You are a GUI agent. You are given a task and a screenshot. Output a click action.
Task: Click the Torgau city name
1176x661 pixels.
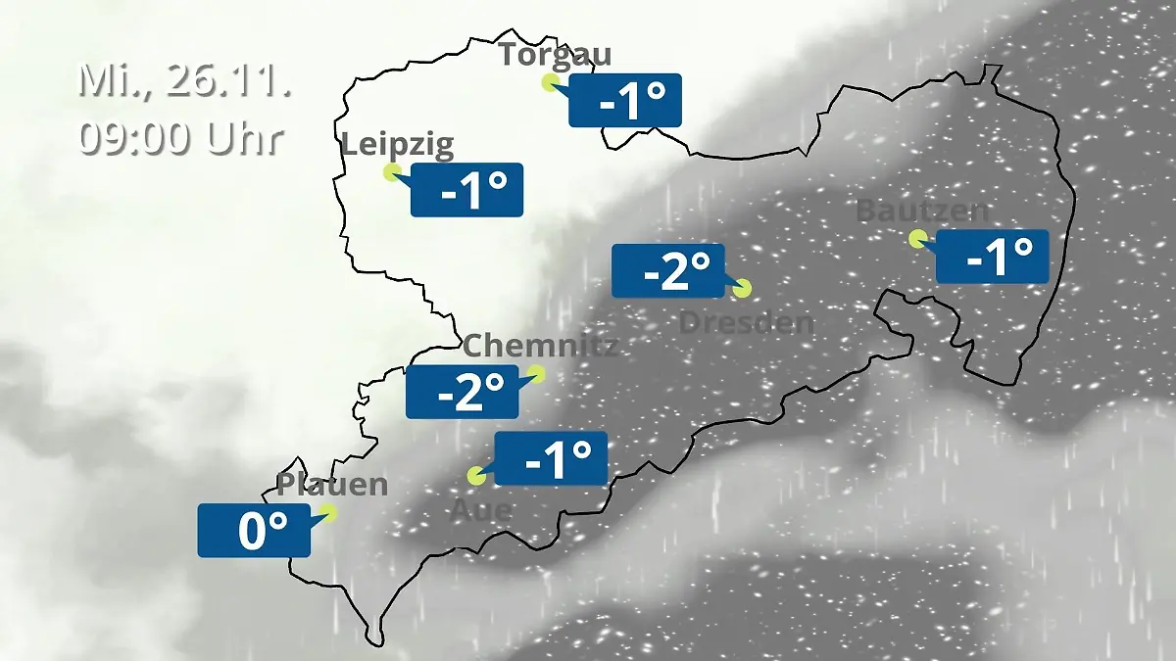point(555,53)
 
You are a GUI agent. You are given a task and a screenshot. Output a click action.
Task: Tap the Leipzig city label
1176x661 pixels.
point(398,146)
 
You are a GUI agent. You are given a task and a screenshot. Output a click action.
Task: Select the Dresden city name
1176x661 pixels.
point(747,322)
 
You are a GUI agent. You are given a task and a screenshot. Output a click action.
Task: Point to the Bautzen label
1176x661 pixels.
point(922,211)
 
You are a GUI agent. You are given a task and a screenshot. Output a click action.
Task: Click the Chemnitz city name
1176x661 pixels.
point(540,345)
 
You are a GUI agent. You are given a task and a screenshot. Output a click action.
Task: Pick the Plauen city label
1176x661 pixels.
point(332,484)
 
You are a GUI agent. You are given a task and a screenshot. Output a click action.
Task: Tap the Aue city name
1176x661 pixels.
point(480,510)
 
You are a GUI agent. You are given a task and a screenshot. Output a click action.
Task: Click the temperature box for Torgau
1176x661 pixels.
point(625,101)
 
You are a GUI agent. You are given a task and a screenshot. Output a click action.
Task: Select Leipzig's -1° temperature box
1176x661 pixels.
point(466,190)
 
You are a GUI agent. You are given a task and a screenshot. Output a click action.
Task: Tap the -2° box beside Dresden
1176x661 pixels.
point(667,270)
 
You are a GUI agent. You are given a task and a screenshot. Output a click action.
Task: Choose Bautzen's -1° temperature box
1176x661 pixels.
point(992,256)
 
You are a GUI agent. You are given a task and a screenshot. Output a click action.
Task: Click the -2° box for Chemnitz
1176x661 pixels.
point(463,392)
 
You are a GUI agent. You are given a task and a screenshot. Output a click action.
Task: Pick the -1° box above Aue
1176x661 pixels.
point(551,458)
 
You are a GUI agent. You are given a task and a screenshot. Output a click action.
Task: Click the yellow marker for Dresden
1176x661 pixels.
point(742,288)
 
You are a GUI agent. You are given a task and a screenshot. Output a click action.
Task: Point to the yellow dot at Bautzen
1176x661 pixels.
point(917,238)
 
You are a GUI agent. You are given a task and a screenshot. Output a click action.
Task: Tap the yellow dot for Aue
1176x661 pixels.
point(477,477)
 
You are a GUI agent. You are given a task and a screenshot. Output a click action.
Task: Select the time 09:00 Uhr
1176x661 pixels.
point(181,138)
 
